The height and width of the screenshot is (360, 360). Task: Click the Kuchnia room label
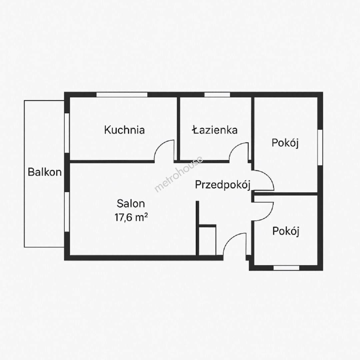[124, 130]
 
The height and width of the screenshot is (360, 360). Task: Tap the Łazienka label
[215, 130]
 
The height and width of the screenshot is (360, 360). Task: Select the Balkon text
[45, 172]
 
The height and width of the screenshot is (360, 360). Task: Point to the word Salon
[131, 203]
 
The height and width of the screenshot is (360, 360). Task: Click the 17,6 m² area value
[131, 217]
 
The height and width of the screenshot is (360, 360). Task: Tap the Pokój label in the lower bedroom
[286, 231]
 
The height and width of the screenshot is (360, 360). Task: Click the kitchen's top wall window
[122, 94]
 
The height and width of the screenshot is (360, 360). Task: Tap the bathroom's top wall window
[217, 94]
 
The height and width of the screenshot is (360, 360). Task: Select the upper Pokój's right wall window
[320, 147]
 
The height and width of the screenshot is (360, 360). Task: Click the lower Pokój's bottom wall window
[286, 268]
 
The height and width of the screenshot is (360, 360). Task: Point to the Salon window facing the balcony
[67, 212]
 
